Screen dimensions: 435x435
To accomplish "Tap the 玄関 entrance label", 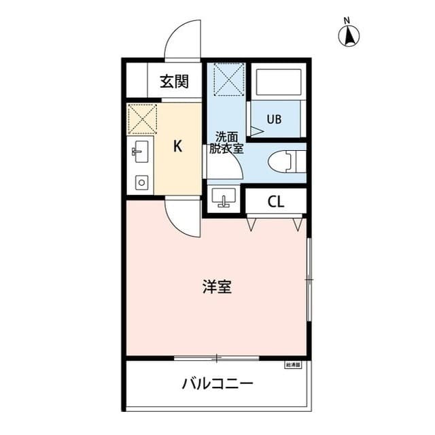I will click(x=174, y=82).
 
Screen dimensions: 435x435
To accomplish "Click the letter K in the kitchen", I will click(x=177, y=146).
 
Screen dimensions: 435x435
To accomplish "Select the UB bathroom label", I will click(x=273, y=120).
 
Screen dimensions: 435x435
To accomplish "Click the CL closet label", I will click(x=275, y=201).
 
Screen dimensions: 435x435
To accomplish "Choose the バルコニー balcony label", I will click(x=217, y=385).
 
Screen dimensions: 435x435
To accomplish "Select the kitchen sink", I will click(x=141, y=153).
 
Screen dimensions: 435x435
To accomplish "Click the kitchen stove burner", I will click(x=141, y=181).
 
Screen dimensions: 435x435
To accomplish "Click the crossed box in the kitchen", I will click(x=143, y=120).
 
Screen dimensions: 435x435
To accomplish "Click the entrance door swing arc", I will click(x=184, y=39).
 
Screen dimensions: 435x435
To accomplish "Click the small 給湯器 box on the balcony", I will click(x=293, y=365).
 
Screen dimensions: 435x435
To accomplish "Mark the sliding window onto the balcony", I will click(x=216, y=358).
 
